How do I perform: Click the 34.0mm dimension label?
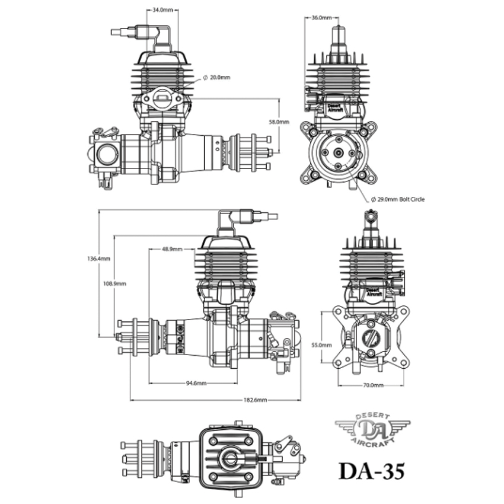(162, 10)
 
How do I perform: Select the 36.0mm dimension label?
(321, 18)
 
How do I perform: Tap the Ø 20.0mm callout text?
(216, 78)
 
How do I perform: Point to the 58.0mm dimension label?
(279, 122)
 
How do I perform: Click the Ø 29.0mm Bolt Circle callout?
(398, 199)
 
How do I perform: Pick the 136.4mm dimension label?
(98, 259)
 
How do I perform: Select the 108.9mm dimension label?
(114, 283)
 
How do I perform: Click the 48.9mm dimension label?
(173, 249)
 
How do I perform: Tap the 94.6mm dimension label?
(196, 383)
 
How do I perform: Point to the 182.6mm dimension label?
(255, 400)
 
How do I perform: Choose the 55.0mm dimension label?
(321, 345)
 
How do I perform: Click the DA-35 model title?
(372, 471)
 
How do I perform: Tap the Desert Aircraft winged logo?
(372, 429)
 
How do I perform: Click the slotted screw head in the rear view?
(371, 337)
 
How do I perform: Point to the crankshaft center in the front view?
(338, 152)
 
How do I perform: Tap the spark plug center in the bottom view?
(229, 458)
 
